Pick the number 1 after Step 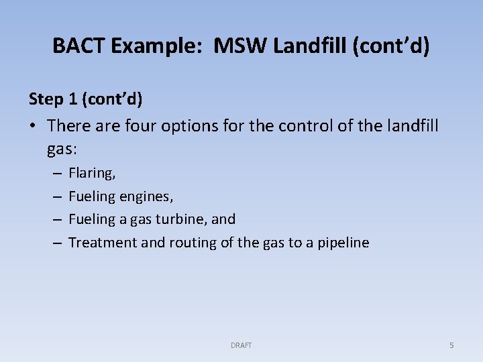pyautogui.click(x=72, y=99)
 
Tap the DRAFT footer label pyautogui.click(x=241, y=345)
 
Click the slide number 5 pyautogui.click(x=451, y=345)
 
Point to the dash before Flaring pyautogui.click(x=56, y=174)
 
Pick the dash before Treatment pyautogui.click(x=56, y=243)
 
